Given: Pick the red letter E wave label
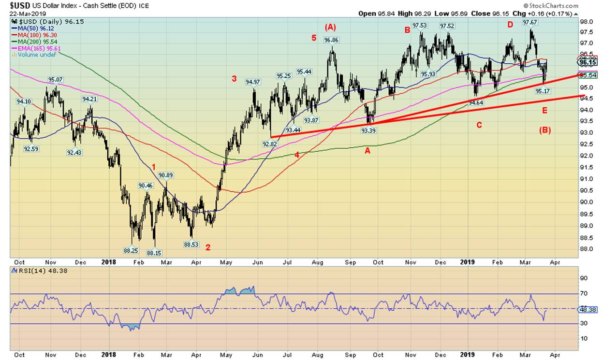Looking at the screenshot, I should click(x=544, y=111).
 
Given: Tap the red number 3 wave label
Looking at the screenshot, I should click(x=234, y=79).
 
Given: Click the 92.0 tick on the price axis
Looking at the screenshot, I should click(x=586, y=156).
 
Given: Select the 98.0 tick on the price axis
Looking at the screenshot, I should click(x=586, y=22).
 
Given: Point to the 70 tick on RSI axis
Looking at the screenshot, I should click(x=585, y=293).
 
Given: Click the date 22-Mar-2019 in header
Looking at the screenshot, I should click(x=21, y=14).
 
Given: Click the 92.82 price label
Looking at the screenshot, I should click(x=269, y=144).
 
